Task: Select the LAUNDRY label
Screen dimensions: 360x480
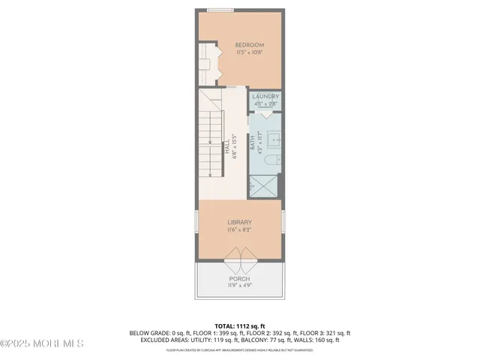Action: tap(265, 97)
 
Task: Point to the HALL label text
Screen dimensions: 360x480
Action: tap(226, 148)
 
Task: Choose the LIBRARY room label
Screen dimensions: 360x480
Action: tap(239, 222)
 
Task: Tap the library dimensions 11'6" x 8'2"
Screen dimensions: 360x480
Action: tap(239, 230)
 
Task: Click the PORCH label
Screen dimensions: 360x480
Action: tap(239, 278)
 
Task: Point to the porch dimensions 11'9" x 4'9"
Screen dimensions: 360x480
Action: tap(239, 286)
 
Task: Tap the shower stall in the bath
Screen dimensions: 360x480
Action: tap(263, 185)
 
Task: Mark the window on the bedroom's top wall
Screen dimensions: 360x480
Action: tap(220, 10)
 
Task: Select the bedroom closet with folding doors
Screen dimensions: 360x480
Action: tap(207, 64)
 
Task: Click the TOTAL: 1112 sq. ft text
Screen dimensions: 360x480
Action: tap(239, 325)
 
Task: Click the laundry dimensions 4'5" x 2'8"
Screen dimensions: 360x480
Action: tap(265, 103)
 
